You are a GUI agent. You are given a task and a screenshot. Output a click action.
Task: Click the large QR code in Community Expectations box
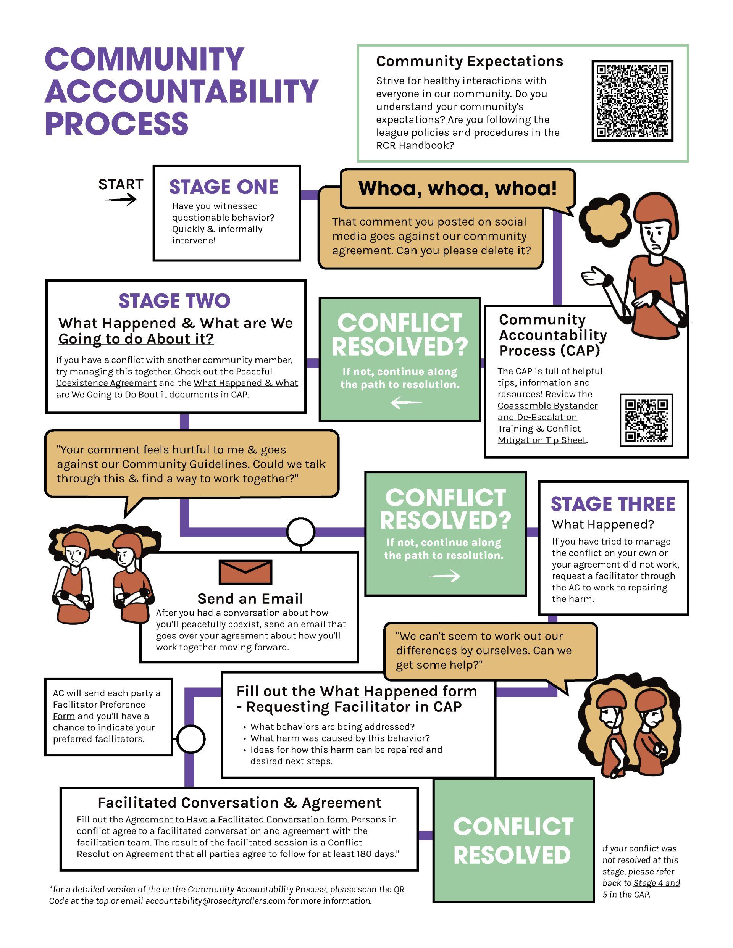[x=632, y=101]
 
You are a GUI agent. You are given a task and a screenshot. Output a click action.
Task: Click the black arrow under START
[x=120, y=200]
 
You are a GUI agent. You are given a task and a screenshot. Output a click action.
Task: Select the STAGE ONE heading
[x=224, y=187]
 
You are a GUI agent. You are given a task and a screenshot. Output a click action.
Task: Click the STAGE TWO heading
[x=174, y=301]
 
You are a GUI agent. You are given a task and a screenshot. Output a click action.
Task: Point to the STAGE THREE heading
[x=613, y=504]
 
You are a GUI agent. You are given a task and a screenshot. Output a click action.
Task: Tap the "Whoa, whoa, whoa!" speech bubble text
[x=457, y=189]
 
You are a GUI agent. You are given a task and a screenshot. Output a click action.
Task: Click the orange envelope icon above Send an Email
[x=245, y=572]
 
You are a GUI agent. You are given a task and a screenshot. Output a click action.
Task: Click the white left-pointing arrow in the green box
[x=406, y=403]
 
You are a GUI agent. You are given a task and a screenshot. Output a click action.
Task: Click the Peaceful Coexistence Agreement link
[x=164, y=377]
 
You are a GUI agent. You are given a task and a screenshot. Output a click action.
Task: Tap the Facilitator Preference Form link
[x=99, y=711]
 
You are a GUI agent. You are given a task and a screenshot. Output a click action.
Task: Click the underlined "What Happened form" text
[x=398, y=692]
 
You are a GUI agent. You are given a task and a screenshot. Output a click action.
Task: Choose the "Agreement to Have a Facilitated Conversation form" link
[x=237, y=819]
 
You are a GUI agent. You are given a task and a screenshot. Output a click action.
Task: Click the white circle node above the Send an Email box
[x=300, y=531]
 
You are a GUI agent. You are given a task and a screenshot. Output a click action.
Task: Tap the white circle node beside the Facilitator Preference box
[x=191, y=739]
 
